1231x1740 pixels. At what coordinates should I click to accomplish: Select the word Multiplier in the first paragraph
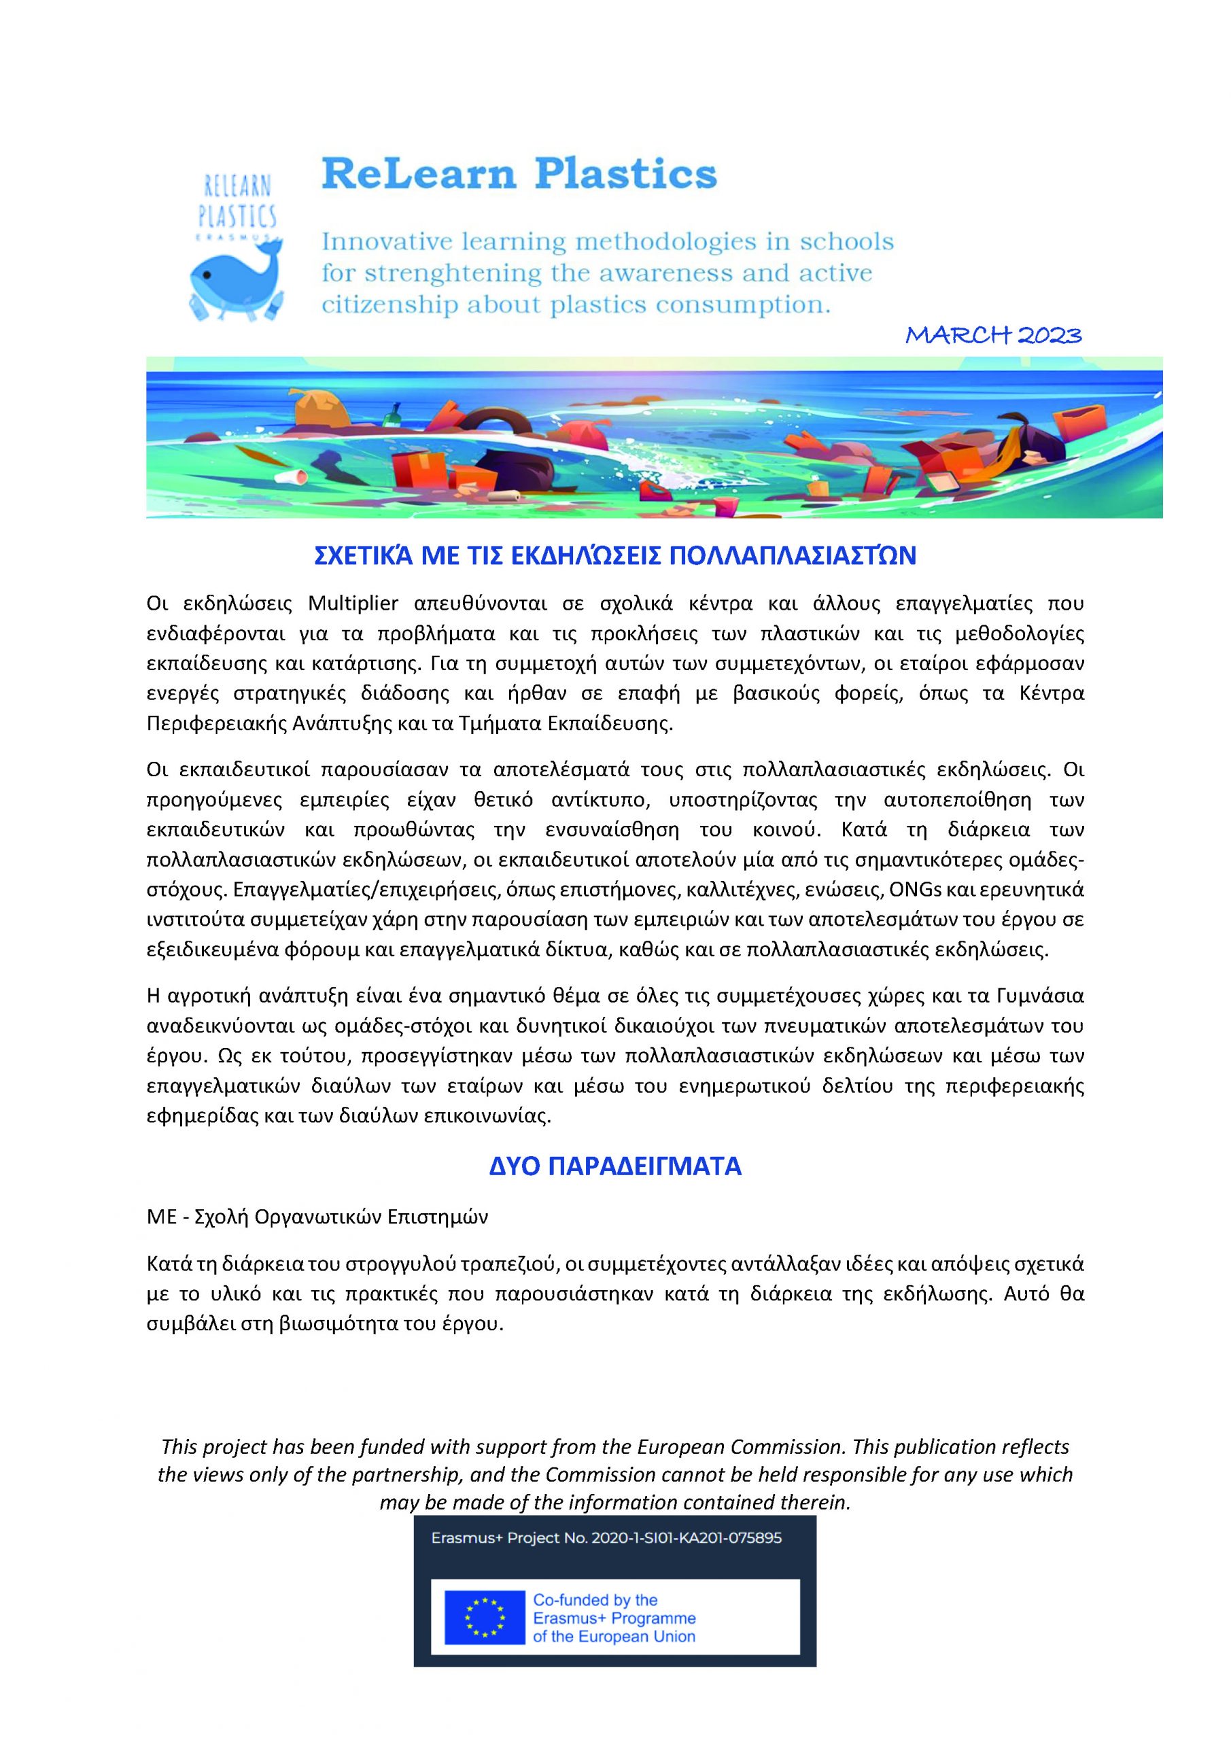353,604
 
